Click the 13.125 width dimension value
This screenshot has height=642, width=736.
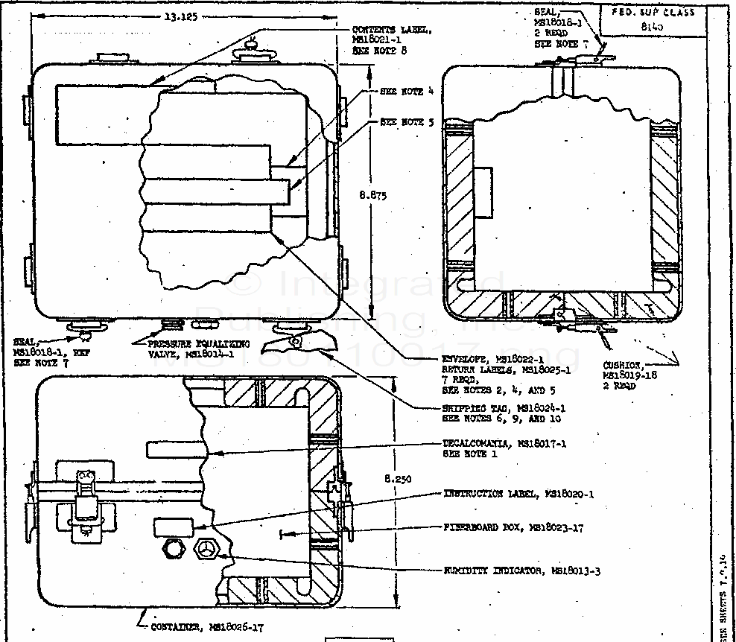coord(177,19)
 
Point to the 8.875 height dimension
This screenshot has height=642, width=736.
coord(372,195)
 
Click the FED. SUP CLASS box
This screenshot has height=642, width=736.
coord(652,19)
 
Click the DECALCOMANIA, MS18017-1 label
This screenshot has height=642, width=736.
coord(504,448)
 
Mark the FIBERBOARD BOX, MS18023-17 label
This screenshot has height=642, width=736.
coord(513,528)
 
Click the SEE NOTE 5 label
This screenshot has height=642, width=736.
coord(407,121)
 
